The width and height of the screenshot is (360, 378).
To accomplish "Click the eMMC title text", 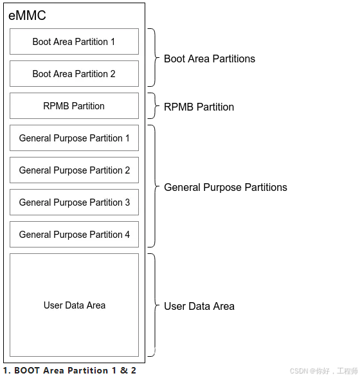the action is pos(27,15).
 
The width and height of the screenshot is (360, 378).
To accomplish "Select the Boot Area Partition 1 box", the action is pos(74,41).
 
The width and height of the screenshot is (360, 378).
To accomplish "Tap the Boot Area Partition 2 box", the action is pos(74,73).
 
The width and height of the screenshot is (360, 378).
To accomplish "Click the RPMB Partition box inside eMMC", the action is pos(74,105).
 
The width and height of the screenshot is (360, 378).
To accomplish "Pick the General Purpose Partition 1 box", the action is pos(74,138).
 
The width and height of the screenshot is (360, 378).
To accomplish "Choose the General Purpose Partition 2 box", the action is pos(74,170).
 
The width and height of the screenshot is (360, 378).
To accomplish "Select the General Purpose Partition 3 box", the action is pos(74,202).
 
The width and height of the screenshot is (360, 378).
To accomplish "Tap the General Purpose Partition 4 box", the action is pos(74,234).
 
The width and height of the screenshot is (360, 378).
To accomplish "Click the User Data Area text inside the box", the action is pos(75,305).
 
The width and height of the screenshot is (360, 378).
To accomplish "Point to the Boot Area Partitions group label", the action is pos(210,59).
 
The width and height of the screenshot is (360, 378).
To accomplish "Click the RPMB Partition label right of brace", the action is pos(199,107).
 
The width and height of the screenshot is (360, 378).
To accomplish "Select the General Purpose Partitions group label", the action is pos(226,187).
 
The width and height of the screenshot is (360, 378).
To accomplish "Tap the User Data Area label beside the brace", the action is pos(199,306).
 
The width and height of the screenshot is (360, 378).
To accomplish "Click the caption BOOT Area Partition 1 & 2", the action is pos(69,370).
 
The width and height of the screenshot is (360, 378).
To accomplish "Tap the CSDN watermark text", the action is pos(323,371).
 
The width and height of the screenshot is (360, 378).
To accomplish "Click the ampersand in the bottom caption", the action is pos(123,370).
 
